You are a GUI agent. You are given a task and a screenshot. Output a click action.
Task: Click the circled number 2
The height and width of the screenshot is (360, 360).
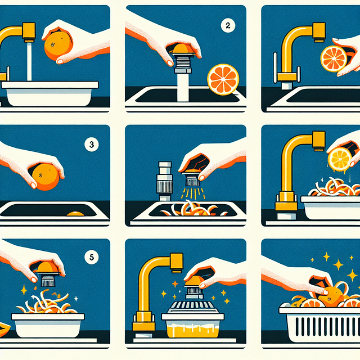pyautogui.click(x=228, y=26)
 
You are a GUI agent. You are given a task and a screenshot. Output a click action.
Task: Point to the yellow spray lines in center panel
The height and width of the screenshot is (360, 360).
pyautogui.click(x=192, y=193)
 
